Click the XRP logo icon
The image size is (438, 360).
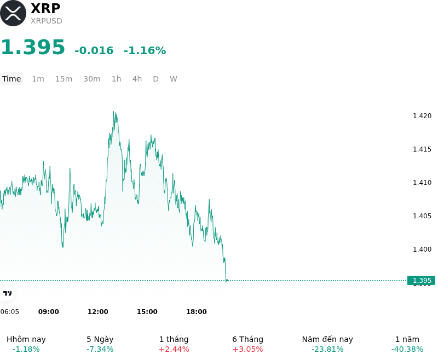(x=13, y=13)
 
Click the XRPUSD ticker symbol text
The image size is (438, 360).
(x=47, y=21)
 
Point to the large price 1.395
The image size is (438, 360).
(x=33, y=47)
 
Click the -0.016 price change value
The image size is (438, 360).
(x=94, y=50)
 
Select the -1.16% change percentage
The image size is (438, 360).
(x=145, y=50)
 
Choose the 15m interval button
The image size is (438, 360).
(x=64, y=79)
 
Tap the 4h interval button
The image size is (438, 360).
(x=137, y=79)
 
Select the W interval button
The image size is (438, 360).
(x=173, y=79)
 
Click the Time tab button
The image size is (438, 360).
(x=11, y=79)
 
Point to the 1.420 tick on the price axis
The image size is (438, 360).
(x=422, y=116)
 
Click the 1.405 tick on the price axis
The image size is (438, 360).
(x=422, y=216)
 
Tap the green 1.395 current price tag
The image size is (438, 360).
(x=421, y=281)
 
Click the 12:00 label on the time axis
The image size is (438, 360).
(x=98, y=312)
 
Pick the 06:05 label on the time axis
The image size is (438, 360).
(x=9, y=312)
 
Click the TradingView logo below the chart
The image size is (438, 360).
(x=7, y=293)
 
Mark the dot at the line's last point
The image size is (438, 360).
(x=227, y=281)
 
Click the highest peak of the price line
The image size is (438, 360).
(x=113, y=112)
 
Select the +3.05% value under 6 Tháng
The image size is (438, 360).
(x=248, y=349)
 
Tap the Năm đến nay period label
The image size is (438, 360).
(x=327, y=339)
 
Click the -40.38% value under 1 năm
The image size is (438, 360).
(x=407, y=349)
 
